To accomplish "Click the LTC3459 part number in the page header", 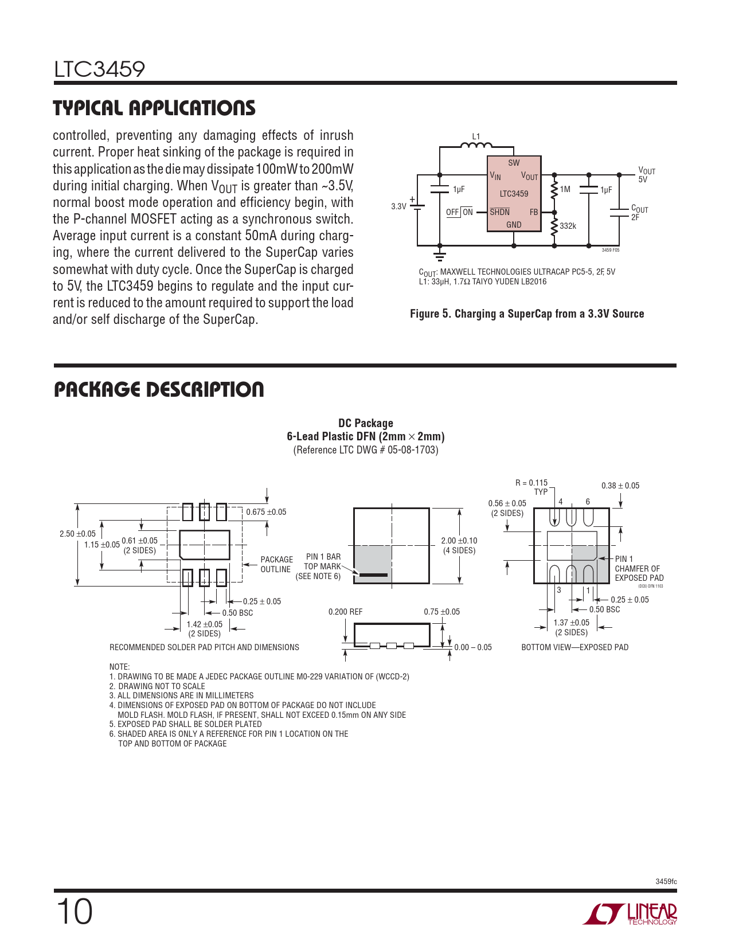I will coord(99,69).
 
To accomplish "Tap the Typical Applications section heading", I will coord(154,108).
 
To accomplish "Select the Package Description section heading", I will coord(159,390).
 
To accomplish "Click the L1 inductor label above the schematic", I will coord(476,136).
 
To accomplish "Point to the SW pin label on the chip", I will coord(514,163).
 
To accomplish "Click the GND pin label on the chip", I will coord(514,225).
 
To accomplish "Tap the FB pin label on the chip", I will coord(534,212).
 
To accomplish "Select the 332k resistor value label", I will coord(568,226).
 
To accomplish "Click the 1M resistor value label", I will coord(565,189).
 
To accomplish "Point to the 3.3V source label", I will coord(398,206).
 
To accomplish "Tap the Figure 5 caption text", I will coord(527,314).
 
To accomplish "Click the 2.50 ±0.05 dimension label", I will coord(77,534).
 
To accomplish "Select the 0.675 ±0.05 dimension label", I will coord(266,512).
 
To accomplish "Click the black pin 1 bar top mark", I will coord(373,574).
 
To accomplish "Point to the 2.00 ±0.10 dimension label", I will coord(459,541).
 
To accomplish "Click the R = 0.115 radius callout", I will coord(531,483).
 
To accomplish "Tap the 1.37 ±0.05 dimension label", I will coord(571,623).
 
